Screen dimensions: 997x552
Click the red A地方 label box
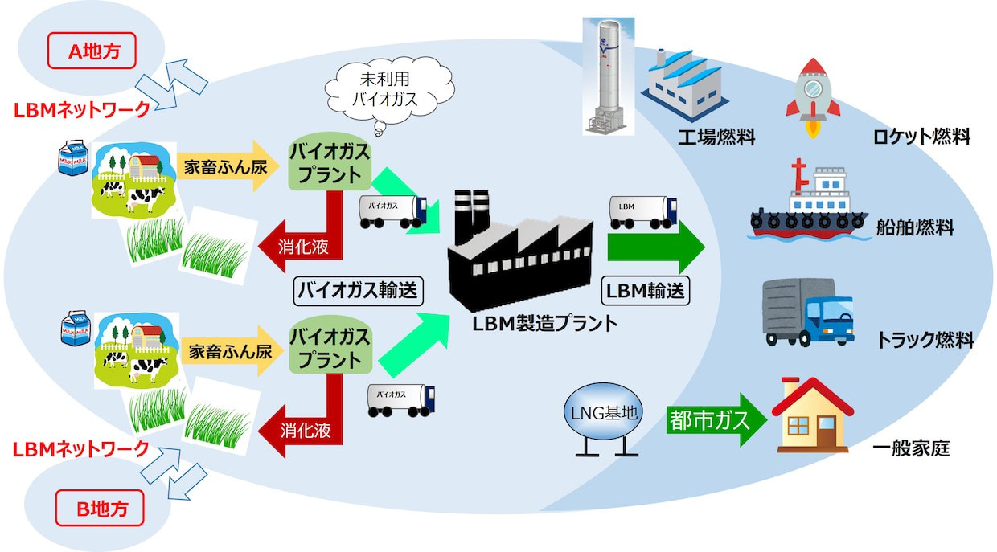click(x=92, y=51)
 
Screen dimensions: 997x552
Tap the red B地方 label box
click(x=100, y=508)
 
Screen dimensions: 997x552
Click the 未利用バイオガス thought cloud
click(x=389, y=91)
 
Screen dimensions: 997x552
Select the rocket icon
click(x=813, y=98)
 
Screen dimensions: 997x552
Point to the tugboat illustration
click(x=809, y=200)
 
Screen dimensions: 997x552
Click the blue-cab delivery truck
click(x=808, y=313)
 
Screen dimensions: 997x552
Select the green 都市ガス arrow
click(x=716, y=420)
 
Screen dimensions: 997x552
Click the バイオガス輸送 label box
click(x=359, y=292)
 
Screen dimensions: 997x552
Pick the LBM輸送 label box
click(x=646, y=291)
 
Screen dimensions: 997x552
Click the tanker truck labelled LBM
click(x=643, y=212)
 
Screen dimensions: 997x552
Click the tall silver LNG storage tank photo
click(x=609, y=76)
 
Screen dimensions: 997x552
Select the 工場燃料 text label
click(x=716, y=137)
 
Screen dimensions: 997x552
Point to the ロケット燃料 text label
click(x=921, y=136)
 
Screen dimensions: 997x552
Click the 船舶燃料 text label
click(x=915, y=227)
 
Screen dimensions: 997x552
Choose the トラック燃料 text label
click(x=925, y=340)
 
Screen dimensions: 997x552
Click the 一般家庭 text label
click(x=911, y=448)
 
